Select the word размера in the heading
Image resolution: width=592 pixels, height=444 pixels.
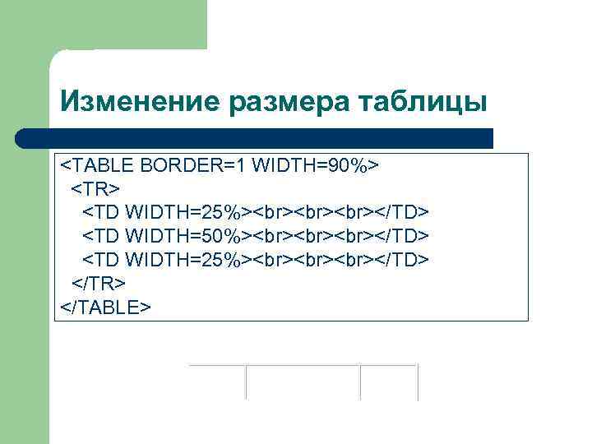pos(280,102)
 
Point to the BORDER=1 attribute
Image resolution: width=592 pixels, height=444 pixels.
pos(192,165)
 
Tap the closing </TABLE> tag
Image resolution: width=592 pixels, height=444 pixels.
pos(106,307)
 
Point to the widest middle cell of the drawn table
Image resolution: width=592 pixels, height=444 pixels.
pos(303,383)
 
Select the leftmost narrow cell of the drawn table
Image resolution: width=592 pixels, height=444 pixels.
pos(218,383)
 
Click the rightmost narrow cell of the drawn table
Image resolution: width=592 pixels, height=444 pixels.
pos(390,383)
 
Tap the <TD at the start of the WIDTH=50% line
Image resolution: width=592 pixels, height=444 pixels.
pos(101,237)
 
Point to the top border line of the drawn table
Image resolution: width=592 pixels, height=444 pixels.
pos(303,365)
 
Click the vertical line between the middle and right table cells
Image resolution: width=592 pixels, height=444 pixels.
pos(361,383)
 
